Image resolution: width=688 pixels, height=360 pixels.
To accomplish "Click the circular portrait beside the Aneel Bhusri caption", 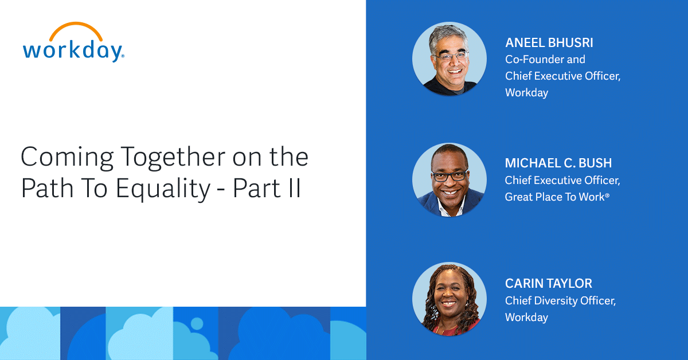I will click(449, 59).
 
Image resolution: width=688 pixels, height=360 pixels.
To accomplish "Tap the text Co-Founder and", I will click(545, 59).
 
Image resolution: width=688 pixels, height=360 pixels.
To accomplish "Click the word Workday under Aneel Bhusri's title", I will click(526, 92).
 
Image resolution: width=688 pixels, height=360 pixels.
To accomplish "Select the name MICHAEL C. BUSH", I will click(558, 163).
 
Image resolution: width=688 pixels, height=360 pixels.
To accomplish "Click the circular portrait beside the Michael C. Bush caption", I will click(449, 180).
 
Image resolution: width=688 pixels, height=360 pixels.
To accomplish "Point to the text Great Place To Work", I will click(554, 197).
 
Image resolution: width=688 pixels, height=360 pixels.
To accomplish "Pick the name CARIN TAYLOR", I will click(548, 284).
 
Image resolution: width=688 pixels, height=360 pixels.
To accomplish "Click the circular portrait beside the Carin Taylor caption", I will click(449, 299).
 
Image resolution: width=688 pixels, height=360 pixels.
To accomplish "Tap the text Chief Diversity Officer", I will click(560, 300).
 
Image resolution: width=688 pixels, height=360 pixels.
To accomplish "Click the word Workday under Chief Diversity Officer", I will click(526, 317).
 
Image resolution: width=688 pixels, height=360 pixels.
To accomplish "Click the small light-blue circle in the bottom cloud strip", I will click(197, 323).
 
